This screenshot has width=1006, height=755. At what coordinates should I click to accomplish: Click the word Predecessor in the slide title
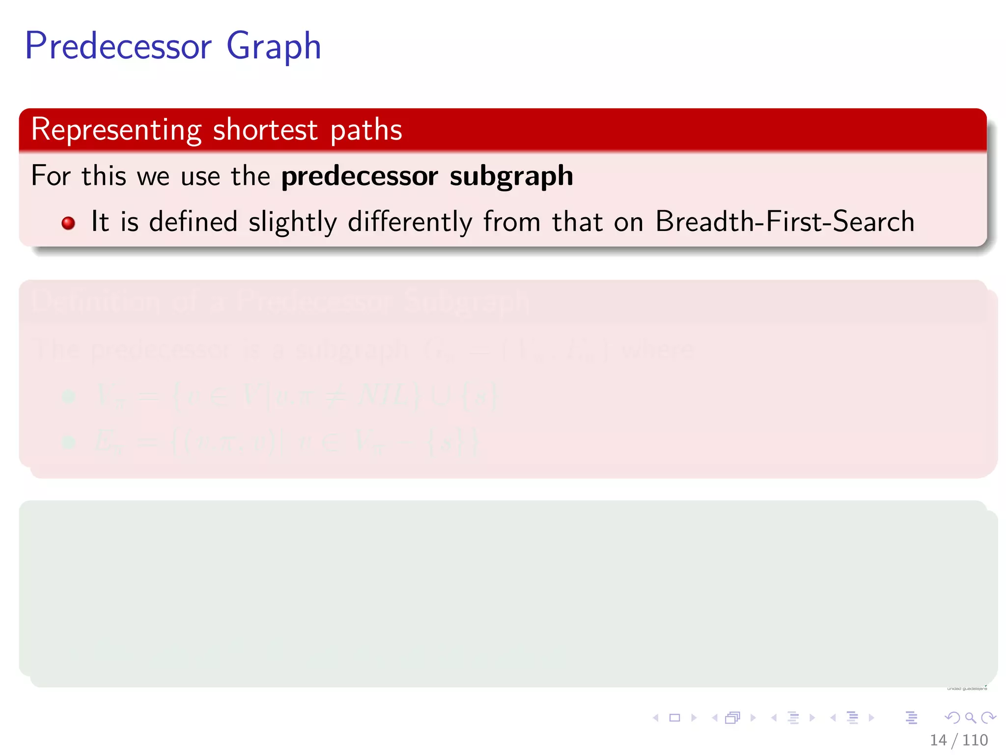pyautogui.click(x=118, y=46)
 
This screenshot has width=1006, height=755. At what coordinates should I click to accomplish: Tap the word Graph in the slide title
pyautogui.click(x=274, y=46)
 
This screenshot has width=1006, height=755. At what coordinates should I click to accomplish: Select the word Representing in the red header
pyautogui.click(x=116, y=130)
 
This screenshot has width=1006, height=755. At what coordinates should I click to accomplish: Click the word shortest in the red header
pyautogui.click(x=265, y=130)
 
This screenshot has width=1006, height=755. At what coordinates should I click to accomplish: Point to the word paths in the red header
pyautogui.click(x=366, y=130)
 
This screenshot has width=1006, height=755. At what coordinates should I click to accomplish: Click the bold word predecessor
pyautogui.click(x=360, y=176)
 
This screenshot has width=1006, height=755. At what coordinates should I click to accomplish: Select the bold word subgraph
pyautogui.click(x=511, y=176)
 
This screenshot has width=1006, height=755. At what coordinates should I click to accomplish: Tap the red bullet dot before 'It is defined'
pyautogui.click(x=68, y=223)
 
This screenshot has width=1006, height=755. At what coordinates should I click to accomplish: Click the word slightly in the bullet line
pyautogui.click(x=293, y=222)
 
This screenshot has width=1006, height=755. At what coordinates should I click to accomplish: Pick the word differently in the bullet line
pyautogui.click(x=410, y=222)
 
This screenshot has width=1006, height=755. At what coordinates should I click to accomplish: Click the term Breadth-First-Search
pyautogui.click(x=784, y=221)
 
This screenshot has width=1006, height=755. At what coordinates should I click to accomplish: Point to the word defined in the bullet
pyautogui.click(x=193, y=221)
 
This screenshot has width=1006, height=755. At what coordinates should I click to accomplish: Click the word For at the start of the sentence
pyautogui.click(x=51, y=175)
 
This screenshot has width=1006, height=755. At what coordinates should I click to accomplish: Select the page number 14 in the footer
pyautogui.click(x=938, y=740)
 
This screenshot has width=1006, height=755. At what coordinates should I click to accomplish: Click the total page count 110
pyautogui.click(x=975, y=740)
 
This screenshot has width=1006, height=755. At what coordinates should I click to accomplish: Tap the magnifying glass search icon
pyautogui.click(x=970, y=718)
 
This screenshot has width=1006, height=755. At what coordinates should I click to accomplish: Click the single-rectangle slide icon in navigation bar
pyautogui.click(x=674, y=718)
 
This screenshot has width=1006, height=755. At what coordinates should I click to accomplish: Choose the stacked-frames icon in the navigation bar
pyautogui.click(x=732, y=718)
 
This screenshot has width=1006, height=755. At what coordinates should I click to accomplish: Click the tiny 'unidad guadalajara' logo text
pyautogui.click(x=967, y=689)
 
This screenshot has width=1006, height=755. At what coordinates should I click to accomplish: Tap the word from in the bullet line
pyautogui.click(x=511, y=221)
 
